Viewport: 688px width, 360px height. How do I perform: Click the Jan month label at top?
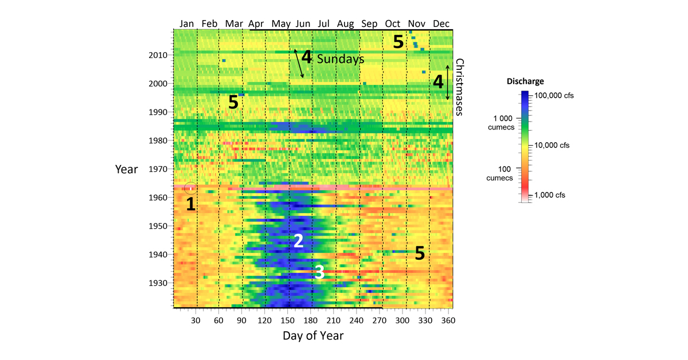(x=187, y=24)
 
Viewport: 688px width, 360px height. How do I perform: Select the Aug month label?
(x=346, y=24)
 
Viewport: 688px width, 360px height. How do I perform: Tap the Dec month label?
(x=441, y=24)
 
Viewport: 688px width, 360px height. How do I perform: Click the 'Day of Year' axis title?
(x=313, y=336)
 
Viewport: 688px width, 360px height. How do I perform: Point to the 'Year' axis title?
(x=126, y=169)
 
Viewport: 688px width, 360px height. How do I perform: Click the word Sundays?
(x=341, y=58)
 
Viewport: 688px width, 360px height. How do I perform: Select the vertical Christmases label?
(x=459, y=87)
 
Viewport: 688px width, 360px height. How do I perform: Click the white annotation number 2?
(x=298, y=241)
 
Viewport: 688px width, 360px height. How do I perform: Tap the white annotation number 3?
(x=319, y=272)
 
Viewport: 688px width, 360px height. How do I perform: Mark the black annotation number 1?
(x=190, y=204)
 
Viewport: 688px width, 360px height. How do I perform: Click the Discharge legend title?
(x=525, y=81)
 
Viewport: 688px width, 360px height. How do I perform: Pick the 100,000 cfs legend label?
(x=554, y=96)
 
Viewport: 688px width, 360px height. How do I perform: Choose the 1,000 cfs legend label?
(x=550, y=195)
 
